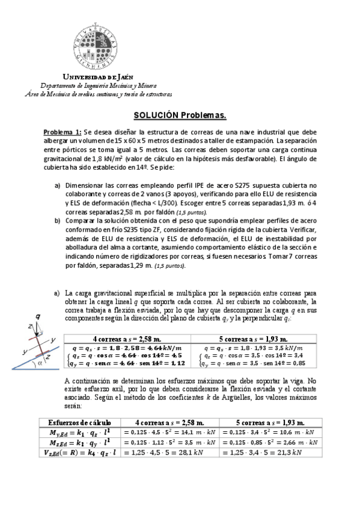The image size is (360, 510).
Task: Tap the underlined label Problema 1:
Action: pyautogui.click(x=62, y=132)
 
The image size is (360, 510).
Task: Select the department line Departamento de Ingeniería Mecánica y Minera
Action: pyautogui.click(x=98, y=86)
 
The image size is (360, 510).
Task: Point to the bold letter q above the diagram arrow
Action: pyautogui.click(x=38, y=316)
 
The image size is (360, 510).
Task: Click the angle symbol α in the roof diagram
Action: pyautogui.click(x=40, y=364)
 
